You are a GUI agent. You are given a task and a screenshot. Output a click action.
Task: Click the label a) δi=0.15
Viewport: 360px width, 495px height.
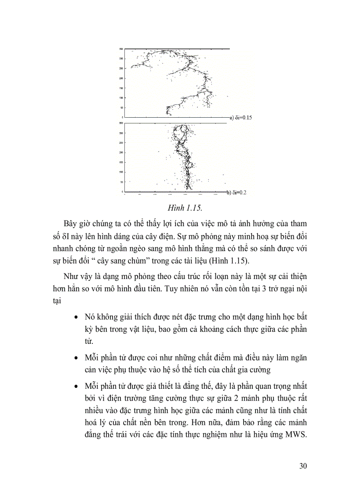point(240,118)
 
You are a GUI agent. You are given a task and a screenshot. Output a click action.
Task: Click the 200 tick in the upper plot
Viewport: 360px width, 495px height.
point(121,78)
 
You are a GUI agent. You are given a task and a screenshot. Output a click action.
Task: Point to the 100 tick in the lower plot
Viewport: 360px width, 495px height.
point(121,172)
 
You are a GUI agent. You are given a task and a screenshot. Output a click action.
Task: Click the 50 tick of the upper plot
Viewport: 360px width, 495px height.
point(121,107)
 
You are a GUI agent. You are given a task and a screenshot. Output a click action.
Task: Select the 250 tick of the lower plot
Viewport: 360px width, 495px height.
point(121,143)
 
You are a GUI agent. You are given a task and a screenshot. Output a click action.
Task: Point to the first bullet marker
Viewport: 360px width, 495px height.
point(77,317)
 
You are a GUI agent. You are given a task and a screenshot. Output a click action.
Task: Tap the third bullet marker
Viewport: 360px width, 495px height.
point(77,387)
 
